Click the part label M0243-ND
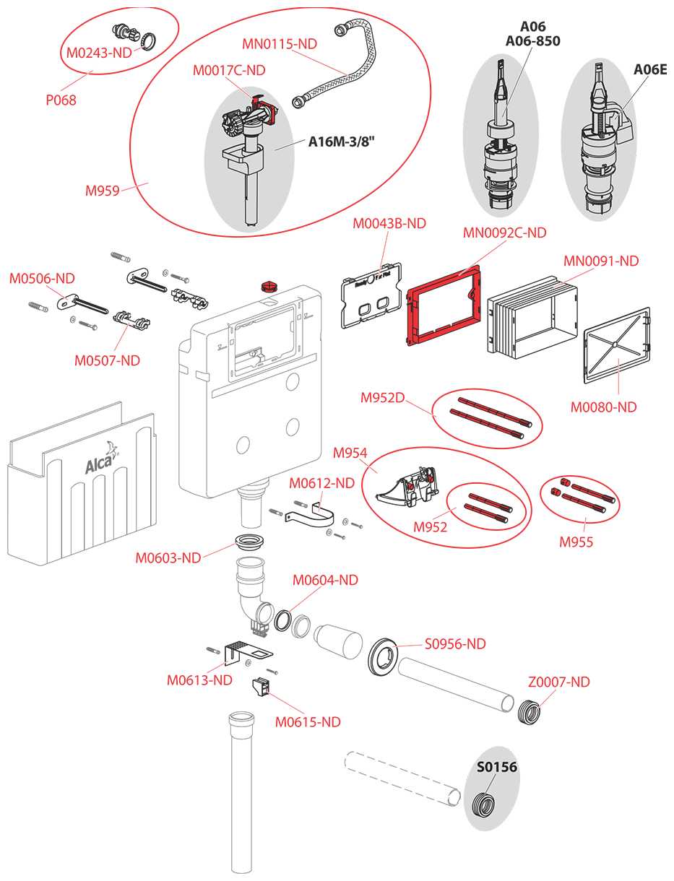click(99, 53)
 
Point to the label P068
click(61, 100)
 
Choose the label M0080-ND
click(603, 407)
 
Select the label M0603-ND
click(168, 557)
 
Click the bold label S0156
click(496, 767)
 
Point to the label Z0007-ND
click(558, 682)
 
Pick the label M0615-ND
click(308, 721)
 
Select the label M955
click(576, 542)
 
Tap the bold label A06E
click(649, 69)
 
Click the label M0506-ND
click(41, 278)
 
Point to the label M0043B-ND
click(389, 224)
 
